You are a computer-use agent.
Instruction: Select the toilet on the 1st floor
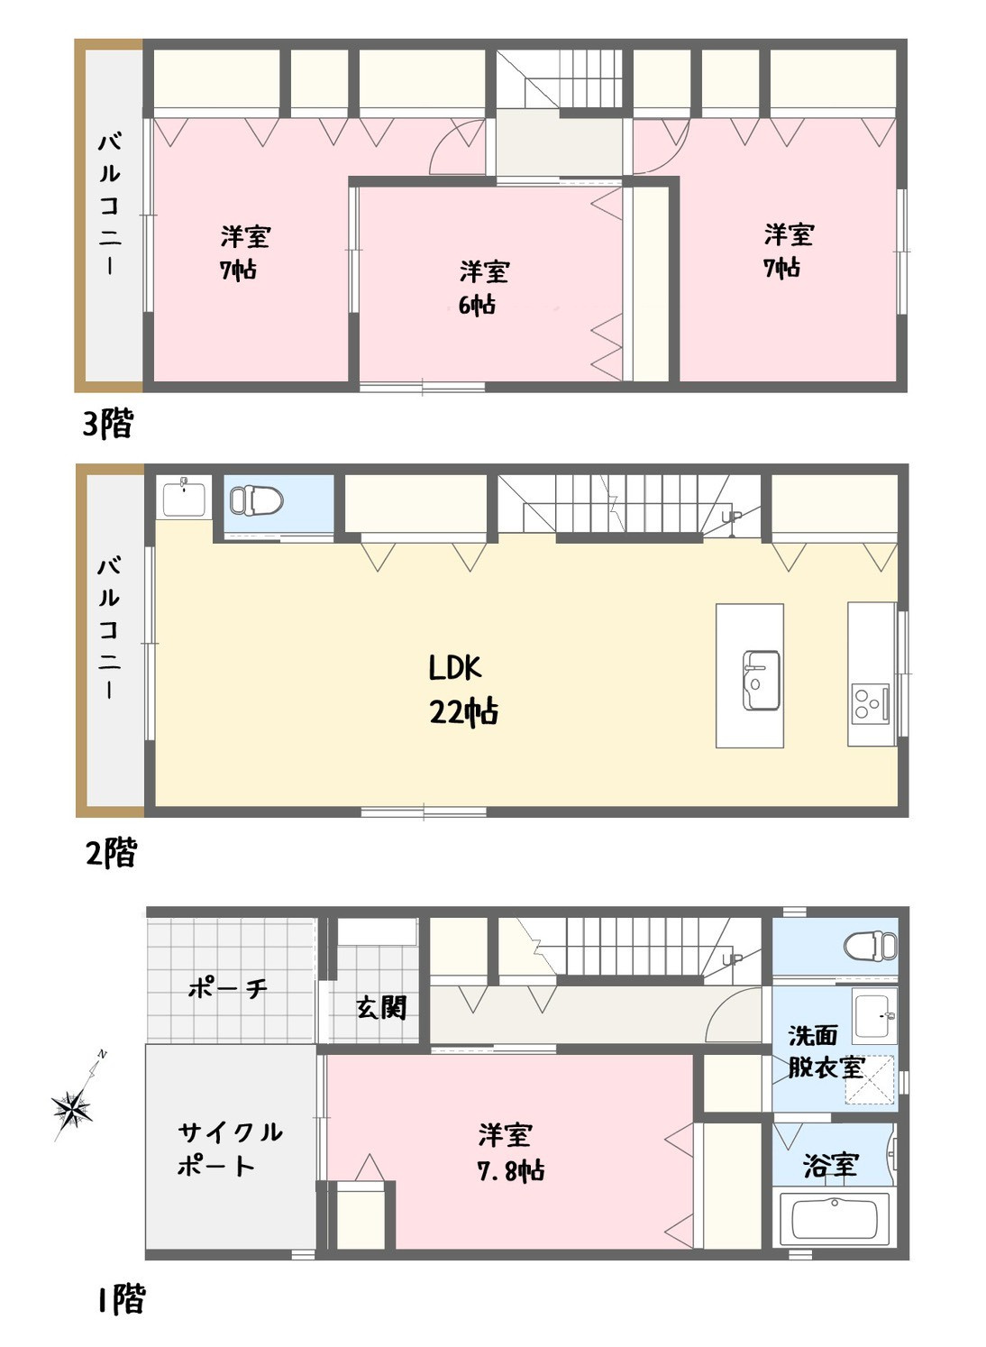coord(871,946)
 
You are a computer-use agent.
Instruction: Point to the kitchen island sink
coord(761,680)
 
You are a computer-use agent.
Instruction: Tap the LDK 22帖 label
coord(462,690)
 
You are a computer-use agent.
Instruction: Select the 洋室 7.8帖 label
coord(509,1151)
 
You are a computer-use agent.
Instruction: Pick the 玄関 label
coord(381,1007)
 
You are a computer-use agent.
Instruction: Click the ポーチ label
coord(227,988)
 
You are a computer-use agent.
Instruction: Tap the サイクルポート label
coord(228,1149)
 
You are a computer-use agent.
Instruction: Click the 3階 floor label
coord(107,423)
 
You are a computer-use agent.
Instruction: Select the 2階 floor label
coord(111,852)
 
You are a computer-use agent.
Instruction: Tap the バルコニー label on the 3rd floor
coord(109,205)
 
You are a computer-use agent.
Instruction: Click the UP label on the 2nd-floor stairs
coord(732,517)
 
